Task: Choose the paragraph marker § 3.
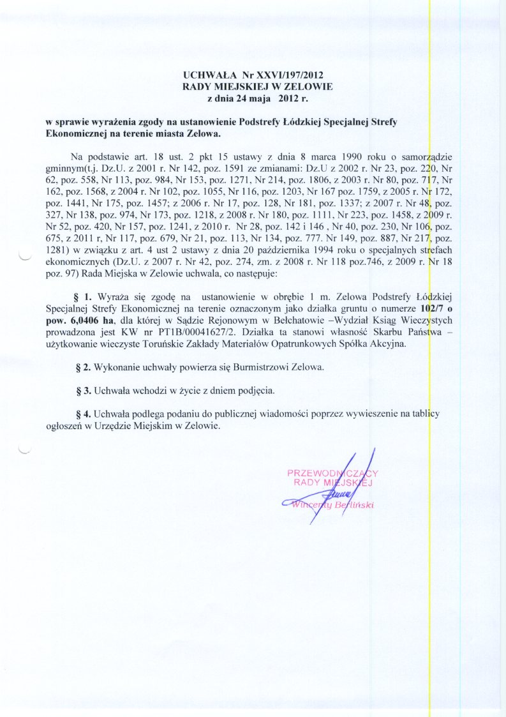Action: coord(85,389)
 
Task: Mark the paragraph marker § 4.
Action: coord(85,414)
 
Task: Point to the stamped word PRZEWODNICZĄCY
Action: coord(333,473)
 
